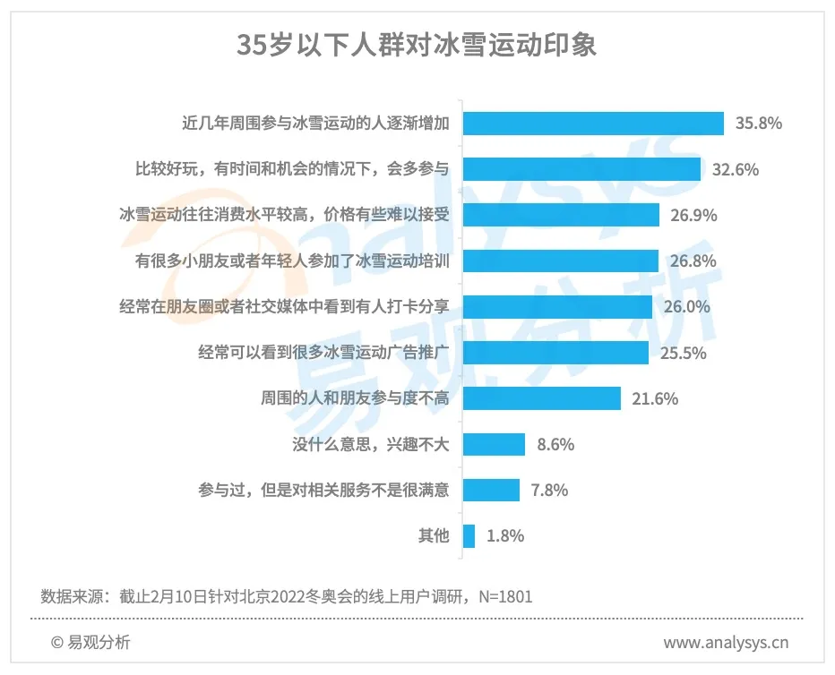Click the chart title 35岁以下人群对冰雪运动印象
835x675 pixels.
tap(417, 46)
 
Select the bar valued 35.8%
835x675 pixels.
tap(593, 124)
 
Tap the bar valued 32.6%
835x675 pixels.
tap(581, 169)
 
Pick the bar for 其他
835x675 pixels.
tap(469, 536)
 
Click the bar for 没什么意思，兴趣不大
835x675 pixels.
tap(494, 444)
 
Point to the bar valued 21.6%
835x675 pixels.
tap(542, 398)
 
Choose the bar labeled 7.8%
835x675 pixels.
tap(492, 491)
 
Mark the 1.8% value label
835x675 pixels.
tap(505, 536)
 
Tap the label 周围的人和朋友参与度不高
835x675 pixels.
tap(353, 398)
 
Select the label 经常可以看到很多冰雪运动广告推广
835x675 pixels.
tap(323, 353)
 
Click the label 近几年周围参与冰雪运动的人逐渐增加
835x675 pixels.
tap(315, 124)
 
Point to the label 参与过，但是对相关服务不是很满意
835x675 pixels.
tap(323, 491)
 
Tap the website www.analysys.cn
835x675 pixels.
tap(726, 642)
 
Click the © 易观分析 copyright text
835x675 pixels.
tap(90, 642)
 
